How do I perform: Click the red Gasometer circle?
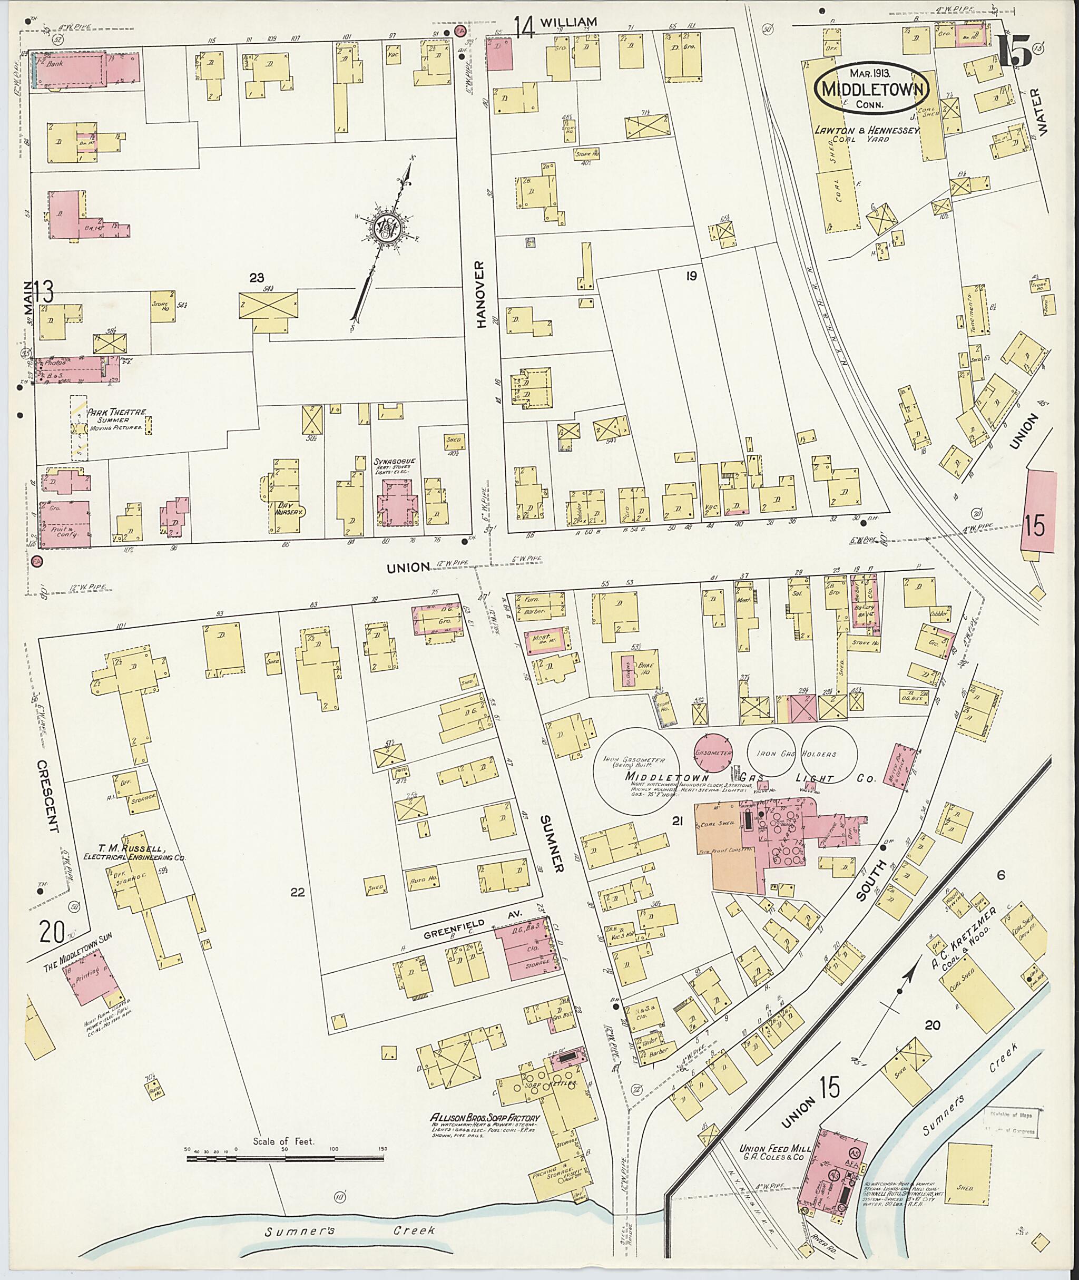(713, 753)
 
